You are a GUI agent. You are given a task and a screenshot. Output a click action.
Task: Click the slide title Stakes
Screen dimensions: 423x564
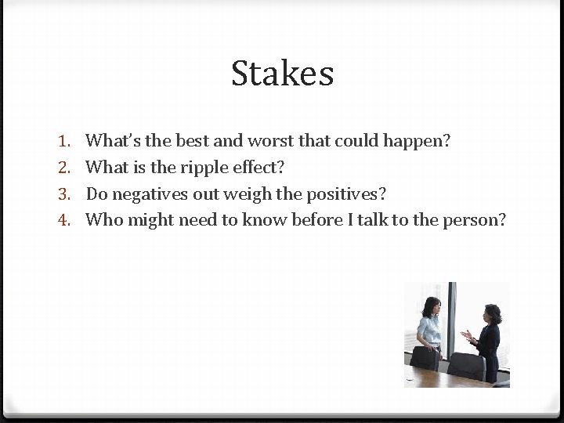[x=282, y=74]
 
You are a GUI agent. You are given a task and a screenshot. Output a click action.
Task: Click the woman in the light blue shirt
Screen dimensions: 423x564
[x=429, y=329]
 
